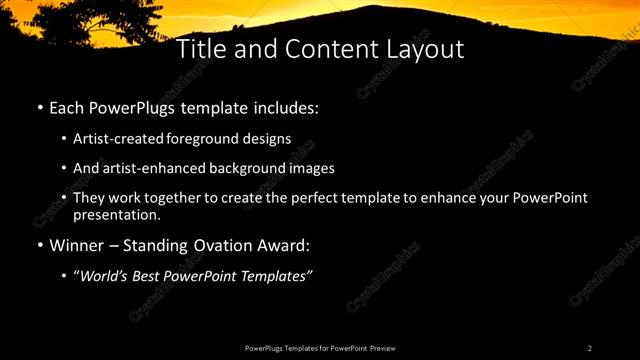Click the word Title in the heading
[x=200, y=49]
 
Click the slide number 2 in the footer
[x=590, y=347]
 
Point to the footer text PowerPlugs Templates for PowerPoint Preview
[x=319, y=347]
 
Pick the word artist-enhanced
[x=153, y=168]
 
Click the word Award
[x=285, y=245]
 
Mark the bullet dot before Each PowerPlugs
[x=39, y=106]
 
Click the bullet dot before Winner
[x=39, y=245]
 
